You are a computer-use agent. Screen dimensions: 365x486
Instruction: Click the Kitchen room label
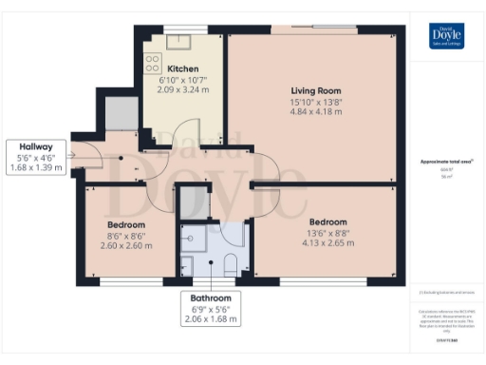pyautogui.click(x=183, y=69)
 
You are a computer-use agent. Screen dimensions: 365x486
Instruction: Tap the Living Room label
pyautogui.click(x=315, y=90)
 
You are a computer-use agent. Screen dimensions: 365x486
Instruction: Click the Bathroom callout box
pyautogui.click(x=211, y=307)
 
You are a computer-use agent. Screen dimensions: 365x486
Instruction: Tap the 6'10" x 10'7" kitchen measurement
pyautogui.click(x=183, y=81)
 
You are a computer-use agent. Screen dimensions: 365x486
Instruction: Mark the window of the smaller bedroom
pyautogui.click(x=125, y=279)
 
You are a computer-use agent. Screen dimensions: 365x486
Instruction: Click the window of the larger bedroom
pyautogui.click(x=323, y=279)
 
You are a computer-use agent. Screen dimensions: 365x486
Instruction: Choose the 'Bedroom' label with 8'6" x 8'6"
pyautogui.click(x=125, y=225)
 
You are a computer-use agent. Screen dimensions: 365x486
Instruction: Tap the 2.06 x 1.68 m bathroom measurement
pyautogui.click(x=211, y=319)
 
